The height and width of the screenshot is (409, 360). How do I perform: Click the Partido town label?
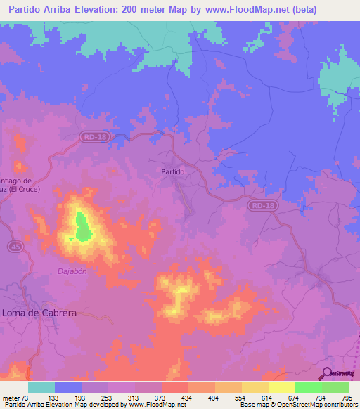click(172, 171)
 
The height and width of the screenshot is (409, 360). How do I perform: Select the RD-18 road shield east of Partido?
click(263, 204)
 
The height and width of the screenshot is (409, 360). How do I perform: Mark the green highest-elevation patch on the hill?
click(82, 226)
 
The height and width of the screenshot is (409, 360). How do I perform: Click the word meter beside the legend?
click(11, 398)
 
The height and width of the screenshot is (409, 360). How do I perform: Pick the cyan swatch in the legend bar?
click(41, 387)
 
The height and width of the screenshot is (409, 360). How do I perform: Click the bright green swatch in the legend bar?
click(308, 387)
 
